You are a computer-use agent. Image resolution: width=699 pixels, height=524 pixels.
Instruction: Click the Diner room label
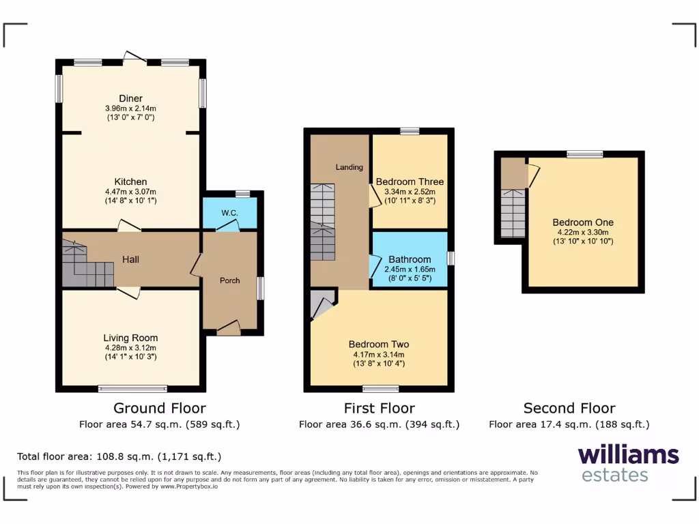pos(130,99)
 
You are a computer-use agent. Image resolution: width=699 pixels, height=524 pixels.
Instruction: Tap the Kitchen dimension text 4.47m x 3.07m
pos(130,192)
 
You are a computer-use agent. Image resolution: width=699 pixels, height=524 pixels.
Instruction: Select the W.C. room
pos(229,214)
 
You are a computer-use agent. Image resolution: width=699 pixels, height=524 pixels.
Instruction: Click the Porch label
pos(229,280)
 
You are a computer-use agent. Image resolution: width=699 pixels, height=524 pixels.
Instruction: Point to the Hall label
pos(131,260)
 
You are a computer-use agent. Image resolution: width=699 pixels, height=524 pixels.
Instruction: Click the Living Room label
pos(130,338)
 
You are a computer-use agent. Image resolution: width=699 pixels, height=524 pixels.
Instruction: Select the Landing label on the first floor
pos(349,167)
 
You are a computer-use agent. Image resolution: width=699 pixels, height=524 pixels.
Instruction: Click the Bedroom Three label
pos(410,182)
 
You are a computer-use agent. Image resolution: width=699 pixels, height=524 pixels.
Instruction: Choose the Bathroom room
pos(410,259)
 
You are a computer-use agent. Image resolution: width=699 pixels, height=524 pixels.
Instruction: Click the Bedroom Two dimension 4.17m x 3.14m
pos(379,355)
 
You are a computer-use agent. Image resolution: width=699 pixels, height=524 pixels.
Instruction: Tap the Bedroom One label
pos(583,222)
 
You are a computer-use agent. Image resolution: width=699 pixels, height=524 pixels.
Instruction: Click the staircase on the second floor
pos(513,212)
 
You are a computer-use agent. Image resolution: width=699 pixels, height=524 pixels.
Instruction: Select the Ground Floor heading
pos(159,408)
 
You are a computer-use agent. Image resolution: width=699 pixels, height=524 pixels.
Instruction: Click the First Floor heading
pos(379,408)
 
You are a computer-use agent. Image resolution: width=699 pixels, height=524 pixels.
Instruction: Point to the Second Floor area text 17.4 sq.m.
pos(569,424)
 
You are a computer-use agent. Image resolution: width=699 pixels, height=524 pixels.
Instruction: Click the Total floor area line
pos(119,456)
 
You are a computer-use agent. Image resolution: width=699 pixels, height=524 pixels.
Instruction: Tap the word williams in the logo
pos(628,455)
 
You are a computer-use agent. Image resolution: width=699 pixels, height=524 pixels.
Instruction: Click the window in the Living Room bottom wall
pos(132,389)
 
